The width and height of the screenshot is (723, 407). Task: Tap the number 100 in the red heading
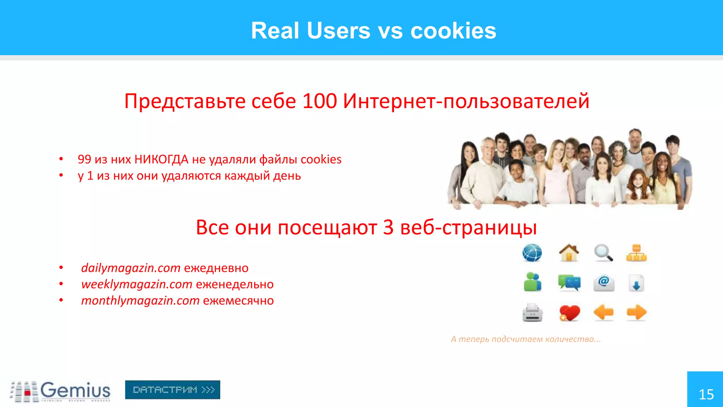(319, 101)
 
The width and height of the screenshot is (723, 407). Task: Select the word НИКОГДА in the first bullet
(161, 159)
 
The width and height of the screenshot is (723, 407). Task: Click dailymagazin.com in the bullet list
(131, 268)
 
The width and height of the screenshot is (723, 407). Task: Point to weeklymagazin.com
(137, 284)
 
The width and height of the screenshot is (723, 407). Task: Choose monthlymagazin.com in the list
(140, 300)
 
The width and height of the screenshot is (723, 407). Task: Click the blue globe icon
(532, 253)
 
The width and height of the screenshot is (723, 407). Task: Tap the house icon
(569, 253)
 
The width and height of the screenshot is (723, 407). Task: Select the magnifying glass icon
(603, 253)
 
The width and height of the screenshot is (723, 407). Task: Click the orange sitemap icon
(636, 253)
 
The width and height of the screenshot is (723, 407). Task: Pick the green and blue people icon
(532, 282)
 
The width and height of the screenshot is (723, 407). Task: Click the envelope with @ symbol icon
(604, 283)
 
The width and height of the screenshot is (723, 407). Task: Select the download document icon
(636, 283)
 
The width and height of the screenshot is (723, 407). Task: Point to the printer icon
(532, 313)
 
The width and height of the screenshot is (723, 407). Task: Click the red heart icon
(569, 313)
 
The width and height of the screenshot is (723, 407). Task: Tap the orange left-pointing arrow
(603, 312)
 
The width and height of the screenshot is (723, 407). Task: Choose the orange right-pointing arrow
(637, 312)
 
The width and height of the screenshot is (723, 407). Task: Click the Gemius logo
(60, 391)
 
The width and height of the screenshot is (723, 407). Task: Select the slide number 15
(706, 394)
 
